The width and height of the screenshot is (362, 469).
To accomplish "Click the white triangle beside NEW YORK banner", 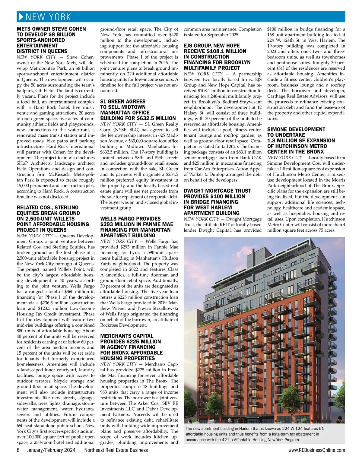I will click(21, 17).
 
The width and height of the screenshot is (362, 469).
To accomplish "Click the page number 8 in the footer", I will click(18, 450).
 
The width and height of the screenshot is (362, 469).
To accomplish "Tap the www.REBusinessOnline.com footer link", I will click(316, 450).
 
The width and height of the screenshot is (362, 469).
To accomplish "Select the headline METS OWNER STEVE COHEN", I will click(51, 29).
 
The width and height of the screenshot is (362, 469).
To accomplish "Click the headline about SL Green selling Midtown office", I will click(138, 110).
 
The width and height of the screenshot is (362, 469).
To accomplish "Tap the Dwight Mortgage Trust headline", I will click(217, 202).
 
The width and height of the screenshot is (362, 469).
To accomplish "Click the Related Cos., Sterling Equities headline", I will click(53, 219).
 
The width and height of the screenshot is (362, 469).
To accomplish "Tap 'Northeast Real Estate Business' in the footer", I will click(116, 450).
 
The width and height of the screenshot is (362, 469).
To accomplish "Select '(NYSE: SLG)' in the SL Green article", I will click(124, 130).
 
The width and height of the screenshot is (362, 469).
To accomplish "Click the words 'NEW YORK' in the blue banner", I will click(48, 17).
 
